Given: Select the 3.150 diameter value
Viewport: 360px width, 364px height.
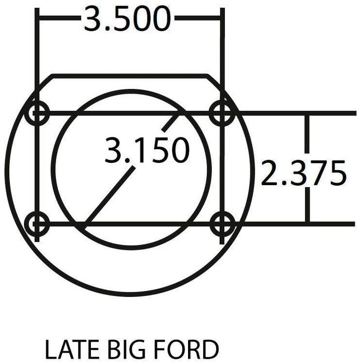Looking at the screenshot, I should [x=146, y=151].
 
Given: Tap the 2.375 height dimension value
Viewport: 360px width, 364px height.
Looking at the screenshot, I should [x=303, y=174].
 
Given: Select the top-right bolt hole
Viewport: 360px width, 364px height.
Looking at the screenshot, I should [x=223, y=112].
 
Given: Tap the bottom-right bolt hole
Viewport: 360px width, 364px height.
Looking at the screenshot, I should [x=223, y=224].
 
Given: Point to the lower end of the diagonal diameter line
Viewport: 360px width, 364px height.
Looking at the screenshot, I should [x=85, y=228].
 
